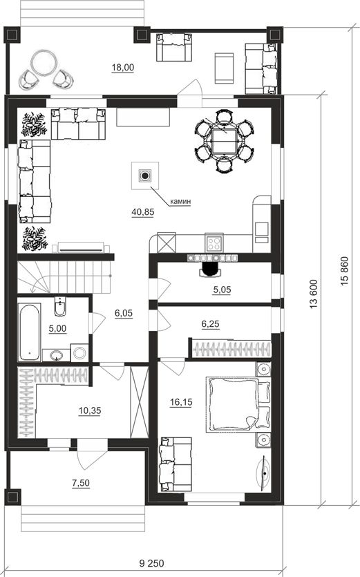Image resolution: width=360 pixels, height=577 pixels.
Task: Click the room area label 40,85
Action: (x=143, y=212)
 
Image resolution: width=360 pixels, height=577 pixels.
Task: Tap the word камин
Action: (x=180, y=201)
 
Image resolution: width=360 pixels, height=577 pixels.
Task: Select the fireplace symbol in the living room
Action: (x=145, y=176)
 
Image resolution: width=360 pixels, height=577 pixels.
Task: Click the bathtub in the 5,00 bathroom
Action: (x=30, y=332)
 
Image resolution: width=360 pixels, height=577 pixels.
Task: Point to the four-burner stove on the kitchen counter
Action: (x=214, y=243)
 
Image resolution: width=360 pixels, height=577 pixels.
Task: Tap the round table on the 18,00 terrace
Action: (x=44, y=64)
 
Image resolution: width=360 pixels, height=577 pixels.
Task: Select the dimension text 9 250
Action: (x=152, y=563)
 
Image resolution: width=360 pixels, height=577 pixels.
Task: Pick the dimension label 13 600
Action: (x=313, y=294)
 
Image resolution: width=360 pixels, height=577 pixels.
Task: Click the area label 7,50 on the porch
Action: (x=81, y=483)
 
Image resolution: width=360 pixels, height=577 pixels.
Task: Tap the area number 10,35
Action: (x=90, y=410)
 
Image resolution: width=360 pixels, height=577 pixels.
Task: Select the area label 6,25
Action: (x=210, y=324)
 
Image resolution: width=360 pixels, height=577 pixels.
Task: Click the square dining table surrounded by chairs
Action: (x=224, y=141)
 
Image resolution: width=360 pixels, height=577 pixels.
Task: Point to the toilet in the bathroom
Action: (x=60, y=306)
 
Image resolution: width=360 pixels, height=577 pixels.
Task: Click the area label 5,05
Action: (x=222, y=290)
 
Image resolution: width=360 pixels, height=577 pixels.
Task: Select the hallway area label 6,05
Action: (x=124, y=314)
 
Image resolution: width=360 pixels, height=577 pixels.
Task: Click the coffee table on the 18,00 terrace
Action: (x=224, y=68)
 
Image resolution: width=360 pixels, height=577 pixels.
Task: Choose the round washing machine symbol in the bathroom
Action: (x=79, y=353)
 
